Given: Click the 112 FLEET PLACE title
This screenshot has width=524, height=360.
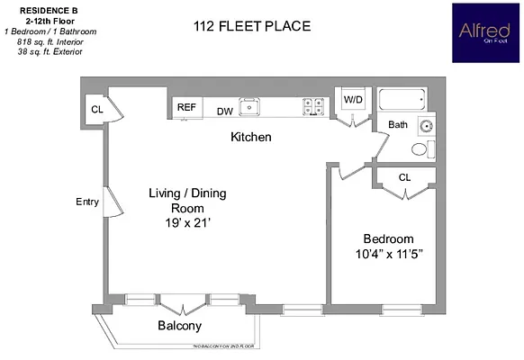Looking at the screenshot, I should (253, 27).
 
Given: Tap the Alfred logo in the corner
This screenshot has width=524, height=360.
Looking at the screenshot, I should (483, 32).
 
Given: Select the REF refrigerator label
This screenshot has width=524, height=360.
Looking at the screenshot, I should (186, 107).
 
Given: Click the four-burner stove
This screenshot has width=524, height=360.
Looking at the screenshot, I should (314, 106).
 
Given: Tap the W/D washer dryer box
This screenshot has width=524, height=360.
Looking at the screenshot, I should (352, 100).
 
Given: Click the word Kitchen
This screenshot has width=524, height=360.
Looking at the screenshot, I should (251, 138).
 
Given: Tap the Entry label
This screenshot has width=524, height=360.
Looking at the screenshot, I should (86, 202).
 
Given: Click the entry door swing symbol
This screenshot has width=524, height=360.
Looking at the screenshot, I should (113, 202).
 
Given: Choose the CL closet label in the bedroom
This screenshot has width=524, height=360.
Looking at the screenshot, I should (405, 177).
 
